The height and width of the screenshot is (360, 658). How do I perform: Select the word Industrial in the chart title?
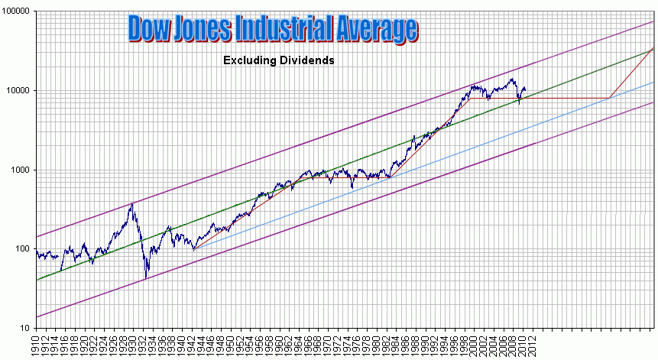click(284, 29)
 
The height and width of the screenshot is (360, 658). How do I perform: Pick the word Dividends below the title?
click(307, 60)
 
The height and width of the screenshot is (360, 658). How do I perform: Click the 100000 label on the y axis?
click(16, 11)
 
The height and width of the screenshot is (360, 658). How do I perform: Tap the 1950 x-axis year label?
click(229, 344)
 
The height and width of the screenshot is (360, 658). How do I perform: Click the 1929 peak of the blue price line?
click(131, 203)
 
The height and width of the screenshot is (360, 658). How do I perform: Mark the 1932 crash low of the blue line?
click(146, 278)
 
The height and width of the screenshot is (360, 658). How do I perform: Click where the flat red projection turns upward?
click(608, 98)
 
